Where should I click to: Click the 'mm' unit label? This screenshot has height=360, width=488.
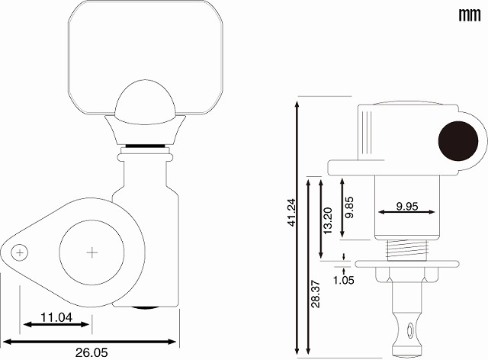pyautogui.click(x=470, y=14)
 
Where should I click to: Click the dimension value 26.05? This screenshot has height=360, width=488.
pyautogui.click(x=91, y=352)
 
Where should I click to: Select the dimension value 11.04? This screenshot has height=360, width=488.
pyautogui.click(x=56, y=317)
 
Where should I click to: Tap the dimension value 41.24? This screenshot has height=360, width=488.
pyautogui.click(x=291, y=212)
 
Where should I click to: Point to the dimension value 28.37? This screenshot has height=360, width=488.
pyautogui.click(x=316, y=294)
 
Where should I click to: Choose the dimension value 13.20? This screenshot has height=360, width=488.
pyautogui.click(x=329, y=220)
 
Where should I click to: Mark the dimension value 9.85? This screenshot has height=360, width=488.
pyautogui.click(x=349, y=207)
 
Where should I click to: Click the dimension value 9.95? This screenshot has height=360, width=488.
pyautogui.click(x=407, y=206)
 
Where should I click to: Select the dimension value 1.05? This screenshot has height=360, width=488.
pyautogui.click(x=344, y=280)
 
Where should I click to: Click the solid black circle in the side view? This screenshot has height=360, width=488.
pyautogui.click(x=458, y=141)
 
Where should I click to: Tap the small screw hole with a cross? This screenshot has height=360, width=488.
pyautogui.click(x=20, y=252)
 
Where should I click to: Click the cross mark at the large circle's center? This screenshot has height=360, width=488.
pyautogui.click(x=91, y=252)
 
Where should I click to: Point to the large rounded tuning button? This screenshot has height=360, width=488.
pyautogui.click(x=146, y=58)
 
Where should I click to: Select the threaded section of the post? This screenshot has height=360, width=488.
pyautogui.click(x=406, y=249)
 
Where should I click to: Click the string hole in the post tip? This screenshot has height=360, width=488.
pyautogui.click(x=410, y=329)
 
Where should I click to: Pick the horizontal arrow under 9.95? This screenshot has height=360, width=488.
pyautogui.click(x=406, y=212)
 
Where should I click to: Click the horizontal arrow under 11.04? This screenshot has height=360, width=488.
pyautogui.click(x=56, y=324)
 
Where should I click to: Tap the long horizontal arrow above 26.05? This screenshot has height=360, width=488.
pyautogui.click(x=89, y=342)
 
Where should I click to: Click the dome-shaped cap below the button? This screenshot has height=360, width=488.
pyautogui.click(x=146, y=103)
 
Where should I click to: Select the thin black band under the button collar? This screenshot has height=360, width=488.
pyautogui.click(x=146, y=146)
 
